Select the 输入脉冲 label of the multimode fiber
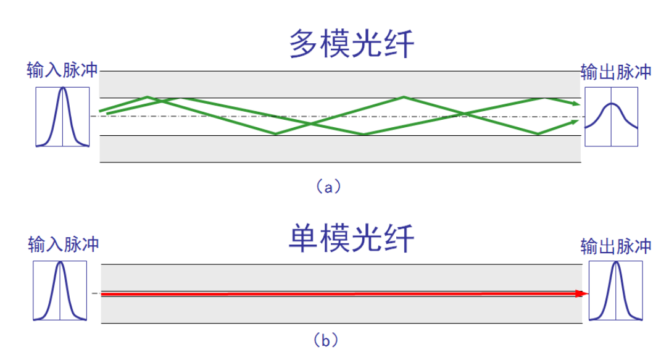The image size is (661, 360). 62,70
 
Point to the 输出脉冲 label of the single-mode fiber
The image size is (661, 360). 616,246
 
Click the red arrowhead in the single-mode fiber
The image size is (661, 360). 579,294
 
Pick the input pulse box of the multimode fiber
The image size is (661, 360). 62,117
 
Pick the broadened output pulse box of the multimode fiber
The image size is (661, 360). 611,116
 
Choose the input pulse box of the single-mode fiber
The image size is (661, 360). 60,291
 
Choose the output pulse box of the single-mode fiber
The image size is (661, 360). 615,291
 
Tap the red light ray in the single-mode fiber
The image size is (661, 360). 339,294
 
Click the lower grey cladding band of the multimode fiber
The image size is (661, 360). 339,149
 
